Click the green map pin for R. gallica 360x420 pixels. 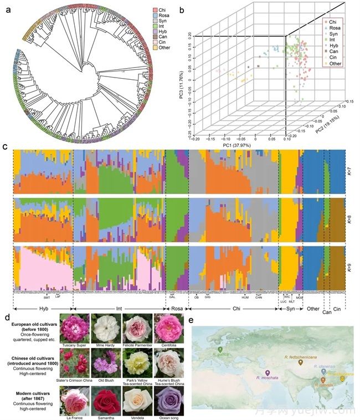pos(220,350)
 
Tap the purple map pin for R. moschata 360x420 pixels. pos(268,373)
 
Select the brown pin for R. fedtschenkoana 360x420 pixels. pos(300,363)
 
